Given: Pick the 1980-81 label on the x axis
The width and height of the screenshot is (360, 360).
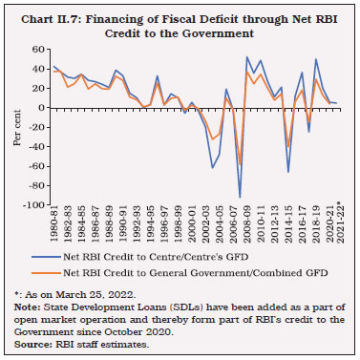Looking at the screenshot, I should tap(53, 229).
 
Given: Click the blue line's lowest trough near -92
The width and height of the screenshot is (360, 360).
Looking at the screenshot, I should tap(240, 196).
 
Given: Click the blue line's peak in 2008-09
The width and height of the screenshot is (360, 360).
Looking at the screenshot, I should tap(247, 57).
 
